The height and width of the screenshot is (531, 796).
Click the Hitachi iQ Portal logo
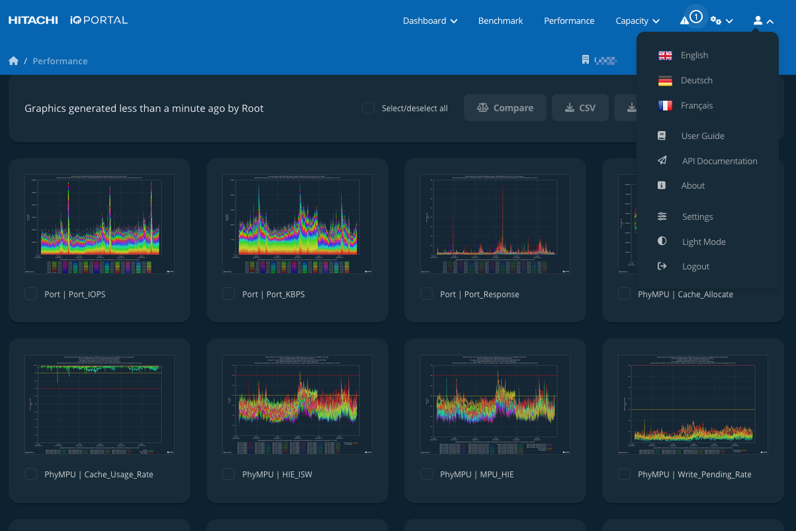coord(67,21)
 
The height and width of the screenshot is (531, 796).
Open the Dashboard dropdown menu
coord(430,21)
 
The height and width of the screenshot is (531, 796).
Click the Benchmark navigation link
coord(500,21)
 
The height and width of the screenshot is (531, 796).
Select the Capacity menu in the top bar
coord(637,21)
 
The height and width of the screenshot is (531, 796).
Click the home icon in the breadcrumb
coord(13,61)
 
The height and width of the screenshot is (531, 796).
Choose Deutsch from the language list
coord(696,80)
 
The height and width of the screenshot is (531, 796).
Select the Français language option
coord(696,105)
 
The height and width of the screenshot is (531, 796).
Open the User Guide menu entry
coord(702,136)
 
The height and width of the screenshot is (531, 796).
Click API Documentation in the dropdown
coord(719,161)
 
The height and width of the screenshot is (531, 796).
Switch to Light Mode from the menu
coord(703,242)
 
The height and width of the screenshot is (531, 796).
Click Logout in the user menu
coord(695,266)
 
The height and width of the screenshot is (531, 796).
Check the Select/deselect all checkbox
coord(368,108)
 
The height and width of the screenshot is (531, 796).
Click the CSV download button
coord(580,108)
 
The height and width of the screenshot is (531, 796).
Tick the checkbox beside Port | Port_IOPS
coord(30,294)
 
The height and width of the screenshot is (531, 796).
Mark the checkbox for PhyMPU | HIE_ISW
coord(228,474)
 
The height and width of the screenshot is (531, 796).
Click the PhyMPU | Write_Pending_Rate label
coord(694,474)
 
